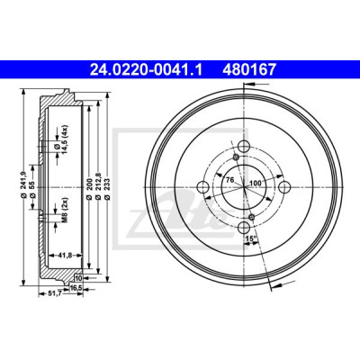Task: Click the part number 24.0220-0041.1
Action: (x=147, y=69)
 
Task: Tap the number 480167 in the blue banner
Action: (x=248, y=69)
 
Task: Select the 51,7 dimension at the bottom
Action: (x=55, y=294)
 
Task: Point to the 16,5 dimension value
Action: (x=76, y=288)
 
